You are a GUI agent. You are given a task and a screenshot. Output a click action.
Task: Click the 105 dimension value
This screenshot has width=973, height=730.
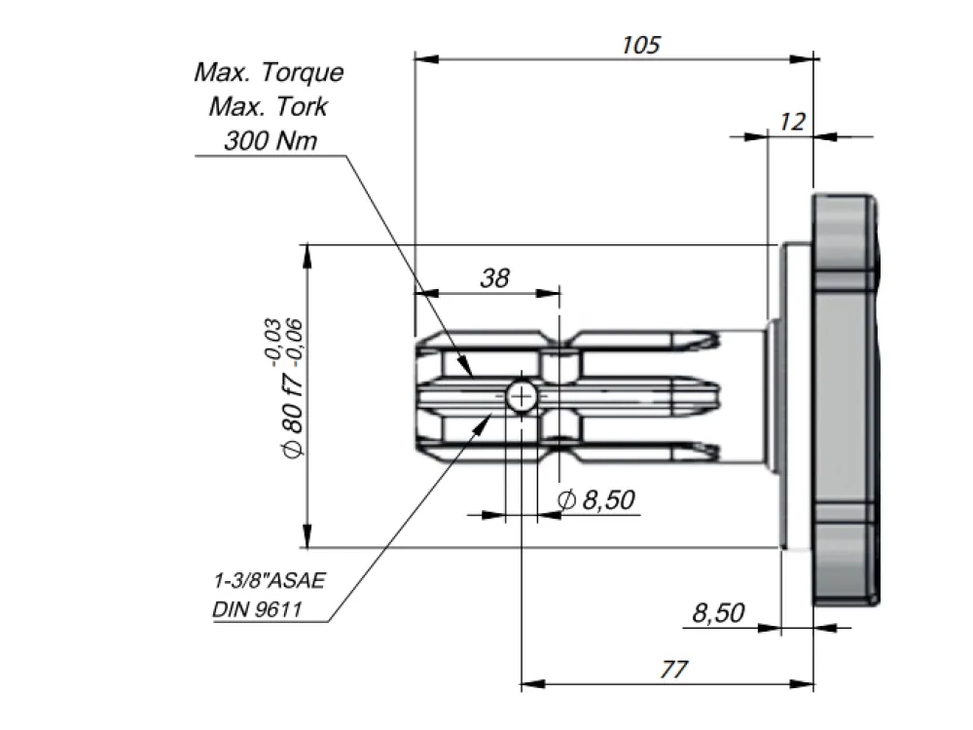click(x=641, y=45)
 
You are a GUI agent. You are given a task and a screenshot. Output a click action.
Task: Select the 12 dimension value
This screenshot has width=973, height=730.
click(x=792, y=122)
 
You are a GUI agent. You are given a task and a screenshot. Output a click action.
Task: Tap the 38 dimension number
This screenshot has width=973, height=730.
click(x=494, y=278)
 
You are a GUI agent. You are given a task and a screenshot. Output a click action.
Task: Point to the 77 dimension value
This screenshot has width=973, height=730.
click(x=673, y=670)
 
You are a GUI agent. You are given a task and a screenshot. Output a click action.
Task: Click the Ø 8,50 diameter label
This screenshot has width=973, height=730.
click(x=596, y=499)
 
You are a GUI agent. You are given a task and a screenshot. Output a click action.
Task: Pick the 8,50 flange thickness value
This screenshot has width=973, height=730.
click(x=718, y=613)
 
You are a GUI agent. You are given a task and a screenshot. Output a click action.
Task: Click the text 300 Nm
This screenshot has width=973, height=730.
click(x=270, y=141)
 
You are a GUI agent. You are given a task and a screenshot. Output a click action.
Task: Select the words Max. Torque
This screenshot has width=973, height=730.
click(x=269, y=73)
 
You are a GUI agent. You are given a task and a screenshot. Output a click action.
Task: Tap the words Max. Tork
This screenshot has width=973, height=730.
click(x=269, y=107)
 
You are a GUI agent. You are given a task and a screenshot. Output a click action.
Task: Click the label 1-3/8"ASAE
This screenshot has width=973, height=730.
click(x=270, y=580)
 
